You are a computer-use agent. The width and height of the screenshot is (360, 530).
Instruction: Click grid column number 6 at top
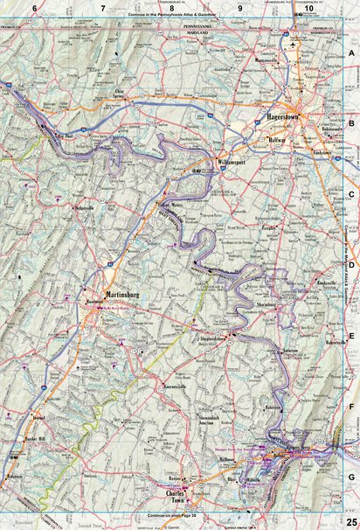[35, 8]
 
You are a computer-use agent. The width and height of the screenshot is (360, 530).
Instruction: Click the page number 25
[350, 523]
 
